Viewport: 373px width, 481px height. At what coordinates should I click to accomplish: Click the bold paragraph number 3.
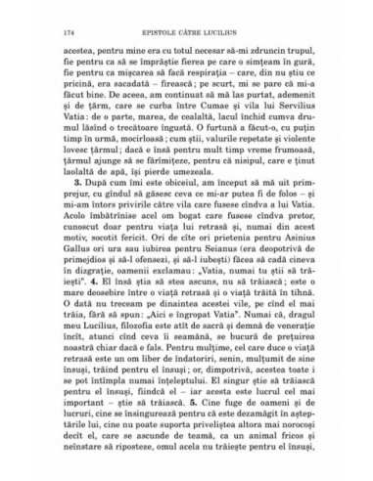pyautogui.click(x=86, y=208)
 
